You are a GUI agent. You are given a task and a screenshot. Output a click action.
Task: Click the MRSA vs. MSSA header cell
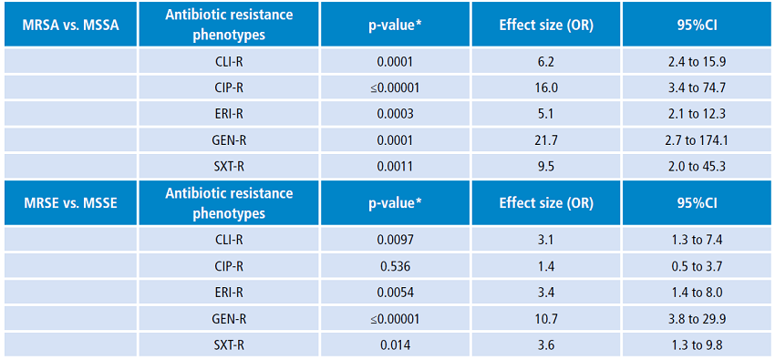(69, 25)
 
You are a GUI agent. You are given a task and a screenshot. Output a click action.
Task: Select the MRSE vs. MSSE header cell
(69, 203)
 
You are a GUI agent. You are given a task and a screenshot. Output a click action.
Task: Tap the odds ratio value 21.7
(546, 140)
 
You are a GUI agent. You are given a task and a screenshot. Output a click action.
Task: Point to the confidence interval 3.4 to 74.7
(697, 87)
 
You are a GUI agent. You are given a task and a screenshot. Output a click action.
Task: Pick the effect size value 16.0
(546, 87)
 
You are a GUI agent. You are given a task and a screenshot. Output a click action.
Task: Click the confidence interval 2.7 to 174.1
(697, 140)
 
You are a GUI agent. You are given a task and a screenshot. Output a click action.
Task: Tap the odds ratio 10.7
(546, 319)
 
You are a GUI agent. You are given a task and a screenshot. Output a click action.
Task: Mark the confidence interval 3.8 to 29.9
(697, 319)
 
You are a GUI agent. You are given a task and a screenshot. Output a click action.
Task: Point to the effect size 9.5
(546, 167)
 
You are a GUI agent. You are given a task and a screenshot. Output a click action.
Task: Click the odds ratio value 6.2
(546, 61)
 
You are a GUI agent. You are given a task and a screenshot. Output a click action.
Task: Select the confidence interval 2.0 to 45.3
(697, 167)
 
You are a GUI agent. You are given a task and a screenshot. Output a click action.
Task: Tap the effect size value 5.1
(546, 114)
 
